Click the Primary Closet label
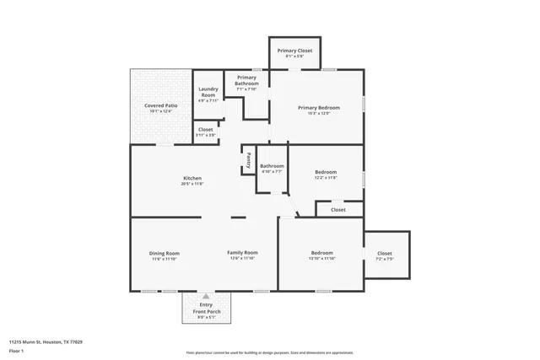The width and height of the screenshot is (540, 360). pyautogui.click(x=294, y=51)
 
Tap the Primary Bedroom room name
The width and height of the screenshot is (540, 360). pyautogui.click(x=318, y=108)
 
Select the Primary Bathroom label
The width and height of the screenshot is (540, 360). pyautogui.click(x=246, y=80)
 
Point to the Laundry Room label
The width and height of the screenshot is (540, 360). pyautogui.click(x=208, y=92)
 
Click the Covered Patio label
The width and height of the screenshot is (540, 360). pyautogui.click(x=160, y=105)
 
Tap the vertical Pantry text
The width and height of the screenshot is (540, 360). pyautogui.click(x=248, y=158)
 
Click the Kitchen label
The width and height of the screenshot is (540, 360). pyautogui.click(x=192, y=178)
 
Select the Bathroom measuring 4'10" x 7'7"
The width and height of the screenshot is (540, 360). pyautogui.click(x=272, y=166)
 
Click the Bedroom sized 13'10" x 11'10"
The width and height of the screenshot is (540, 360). pyautogui.click(x=321, y=253)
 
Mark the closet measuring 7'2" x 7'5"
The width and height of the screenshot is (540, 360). pyautogui.click(x=384, y=253)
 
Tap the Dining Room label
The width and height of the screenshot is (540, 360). pyautogui.click(x=165, y=253)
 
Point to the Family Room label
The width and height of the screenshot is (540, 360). pyautogui.click(x=242, y=253)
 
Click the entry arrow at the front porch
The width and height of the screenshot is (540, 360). pyautogui.click(x=205, y=297)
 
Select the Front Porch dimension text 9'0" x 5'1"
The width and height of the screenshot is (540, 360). pyautogui.click(x=206, y=318)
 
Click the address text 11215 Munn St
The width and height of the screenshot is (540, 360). pyautogui.click(x=46, y=342)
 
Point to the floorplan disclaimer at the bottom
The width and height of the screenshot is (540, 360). pyautogui.click(x=270, y=352)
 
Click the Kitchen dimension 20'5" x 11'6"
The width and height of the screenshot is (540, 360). pyautogui.click(x=192, y=184)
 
